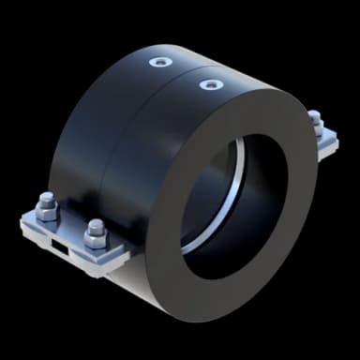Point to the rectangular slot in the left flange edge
(x=59, y=247)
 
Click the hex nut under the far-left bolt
(x=47, y=213)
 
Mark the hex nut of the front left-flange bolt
(x=95, y=240)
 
